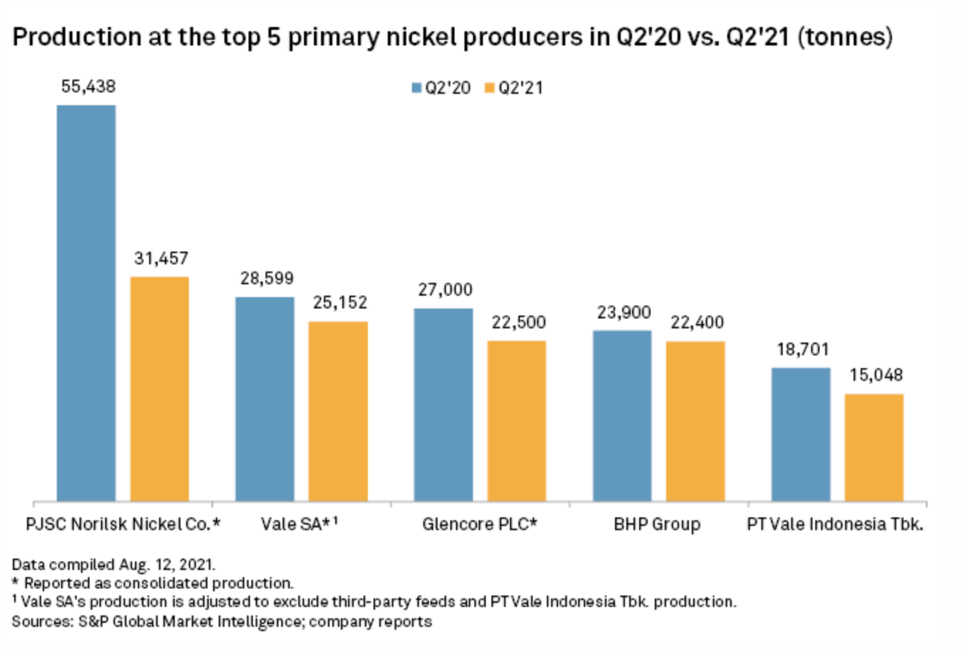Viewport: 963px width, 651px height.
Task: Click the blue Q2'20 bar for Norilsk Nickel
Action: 86,303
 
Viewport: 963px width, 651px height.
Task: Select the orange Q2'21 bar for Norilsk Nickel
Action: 159,389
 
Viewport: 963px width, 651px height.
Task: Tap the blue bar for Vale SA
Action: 265,399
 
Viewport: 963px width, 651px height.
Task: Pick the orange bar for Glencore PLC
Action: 516,421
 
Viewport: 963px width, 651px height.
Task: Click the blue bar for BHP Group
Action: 622,416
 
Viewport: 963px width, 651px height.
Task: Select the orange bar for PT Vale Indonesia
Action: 874,447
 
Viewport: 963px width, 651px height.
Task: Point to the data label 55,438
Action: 88,87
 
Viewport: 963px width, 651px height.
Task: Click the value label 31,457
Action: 161,259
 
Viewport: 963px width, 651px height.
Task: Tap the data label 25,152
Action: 340,303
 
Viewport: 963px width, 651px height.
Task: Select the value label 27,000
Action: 445,290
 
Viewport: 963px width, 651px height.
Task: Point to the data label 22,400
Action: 697,323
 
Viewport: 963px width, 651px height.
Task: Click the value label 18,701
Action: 802,350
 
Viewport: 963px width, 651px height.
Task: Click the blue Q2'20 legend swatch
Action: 417,88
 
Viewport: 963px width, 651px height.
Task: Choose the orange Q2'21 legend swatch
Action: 489,88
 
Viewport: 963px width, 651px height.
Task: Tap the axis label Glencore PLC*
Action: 479,524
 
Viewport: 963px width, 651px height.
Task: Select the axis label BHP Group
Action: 657,524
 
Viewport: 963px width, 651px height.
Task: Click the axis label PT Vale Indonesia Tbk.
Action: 835,524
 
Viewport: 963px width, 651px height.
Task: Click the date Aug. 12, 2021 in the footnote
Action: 166,565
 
